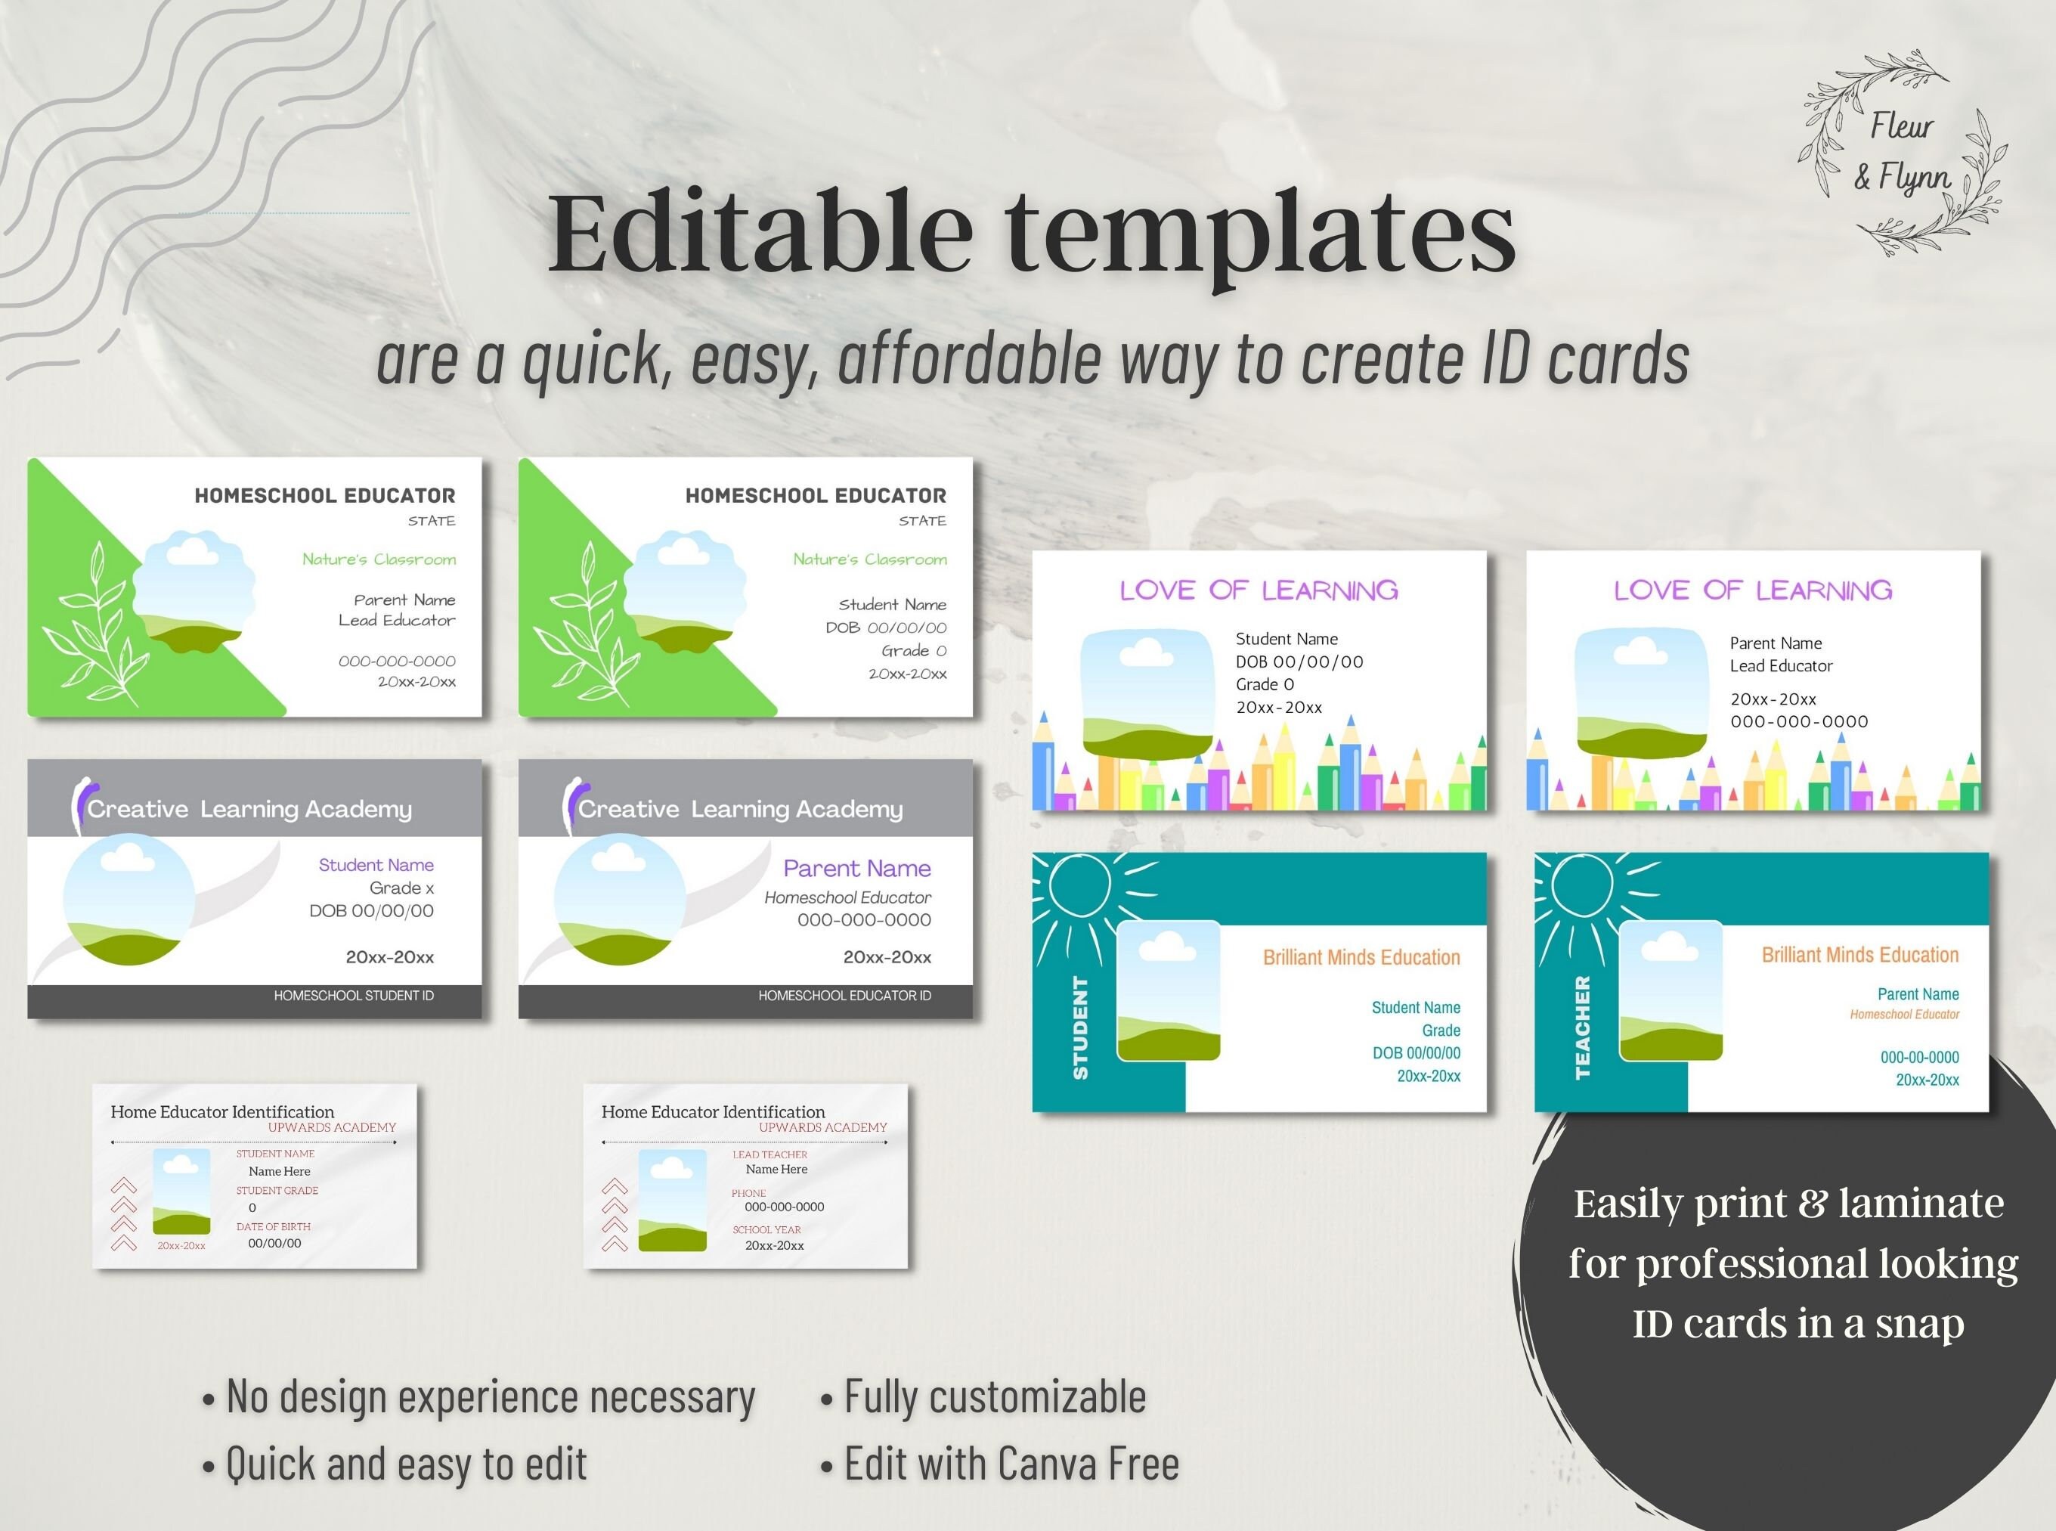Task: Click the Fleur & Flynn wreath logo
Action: click(1901, 153)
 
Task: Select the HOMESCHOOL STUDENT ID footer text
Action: click(353, 995)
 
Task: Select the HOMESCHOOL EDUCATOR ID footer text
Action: click(844, 995)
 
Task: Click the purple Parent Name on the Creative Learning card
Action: click(856, 869)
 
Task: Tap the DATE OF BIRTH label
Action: click(274, 1226)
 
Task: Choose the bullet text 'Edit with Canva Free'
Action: click(1011, 1464)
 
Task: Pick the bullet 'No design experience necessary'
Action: click(490, 1396)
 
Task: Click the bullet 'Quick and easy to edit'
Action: click(406, 1464)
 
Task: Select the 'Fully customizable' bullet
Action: click(994, 1396)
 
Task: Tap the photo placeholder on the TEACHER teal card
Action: click(1670, 990)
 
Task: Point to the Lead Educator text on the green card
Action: click(397, 620)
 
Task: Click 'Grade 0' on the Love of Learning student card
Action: click(1264, 684)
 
